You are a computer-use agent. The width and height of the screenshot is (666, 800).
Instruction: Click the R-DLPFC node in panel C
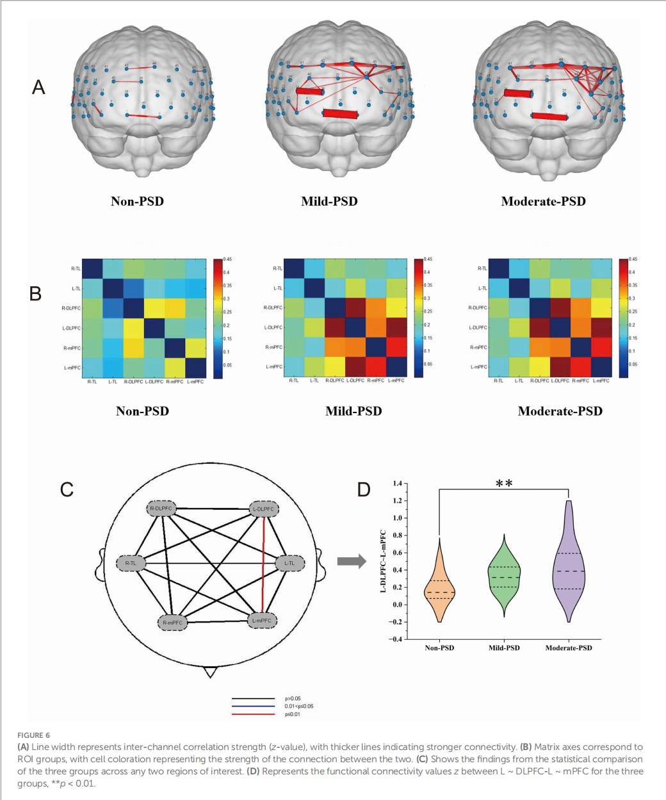point(161,509)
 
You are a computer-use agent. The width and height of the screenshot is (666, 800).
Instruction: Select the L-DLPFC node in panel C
point(263,509)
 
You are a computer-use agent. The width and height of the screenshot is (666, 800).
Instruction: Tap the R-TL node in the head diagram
point(131,564)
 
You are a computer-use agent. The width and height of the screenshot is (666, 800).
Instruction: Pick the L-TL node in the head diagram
point(289,564)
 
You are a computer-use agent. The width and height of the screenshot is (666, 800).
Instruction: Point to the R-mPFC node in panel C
point(172,623)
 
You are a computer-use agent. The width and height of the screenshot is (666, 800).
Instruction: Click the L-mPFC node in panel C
point(261,621)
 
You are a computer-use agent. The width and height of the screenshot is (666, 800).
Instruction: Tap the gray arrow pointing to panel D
point(352,562)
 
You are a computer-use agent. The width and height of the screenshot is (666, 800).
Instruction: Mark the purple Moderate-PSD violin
point(569,564)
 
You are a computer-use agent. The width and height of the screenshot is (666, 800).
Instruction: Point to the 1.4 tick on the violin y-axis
point(398,484)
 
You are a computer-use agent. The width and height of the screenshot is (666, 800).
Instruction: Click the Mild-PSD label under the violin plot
point(504,648)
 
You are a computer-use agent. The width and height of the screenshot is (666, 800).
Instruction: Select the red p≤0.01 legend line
point(253,714)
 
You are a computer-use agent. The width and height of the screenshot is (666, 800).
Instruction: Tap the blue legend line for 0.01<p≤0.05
point(253,706)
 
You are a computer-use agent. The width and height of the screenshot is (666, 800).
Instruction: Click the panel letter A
point(38,87)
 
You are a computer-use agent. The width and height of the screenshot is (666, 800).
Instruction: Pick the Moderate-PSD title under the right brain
point(543,201)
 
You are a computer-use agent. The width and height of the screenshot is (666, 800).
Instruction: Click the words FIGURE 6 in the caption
point(33,735)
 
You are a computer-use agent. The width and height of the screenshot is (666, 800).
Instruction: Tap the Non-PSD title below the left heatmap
point(142,411)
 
